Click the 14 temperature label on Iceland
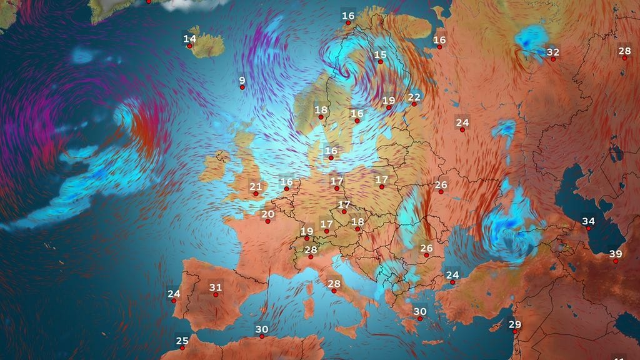189,39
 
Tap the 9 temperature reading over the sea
242,80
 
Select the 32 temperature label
552,52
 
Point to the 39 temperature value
616,254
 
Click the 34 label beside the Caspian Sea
588,221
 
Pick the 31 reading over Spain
216,288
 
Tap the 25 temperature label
182,341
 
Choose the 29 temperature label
514,324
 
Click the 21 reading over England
256,186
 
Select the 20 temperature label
268,214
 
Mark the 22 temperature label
414,97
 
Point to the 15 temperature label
381,55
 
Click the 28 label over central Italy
334,284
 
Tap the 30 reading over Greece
419,311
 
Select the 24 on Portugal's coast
174,294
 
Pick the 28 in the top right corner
624,51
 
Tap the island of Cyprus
497,326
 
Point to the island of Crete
431,342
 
